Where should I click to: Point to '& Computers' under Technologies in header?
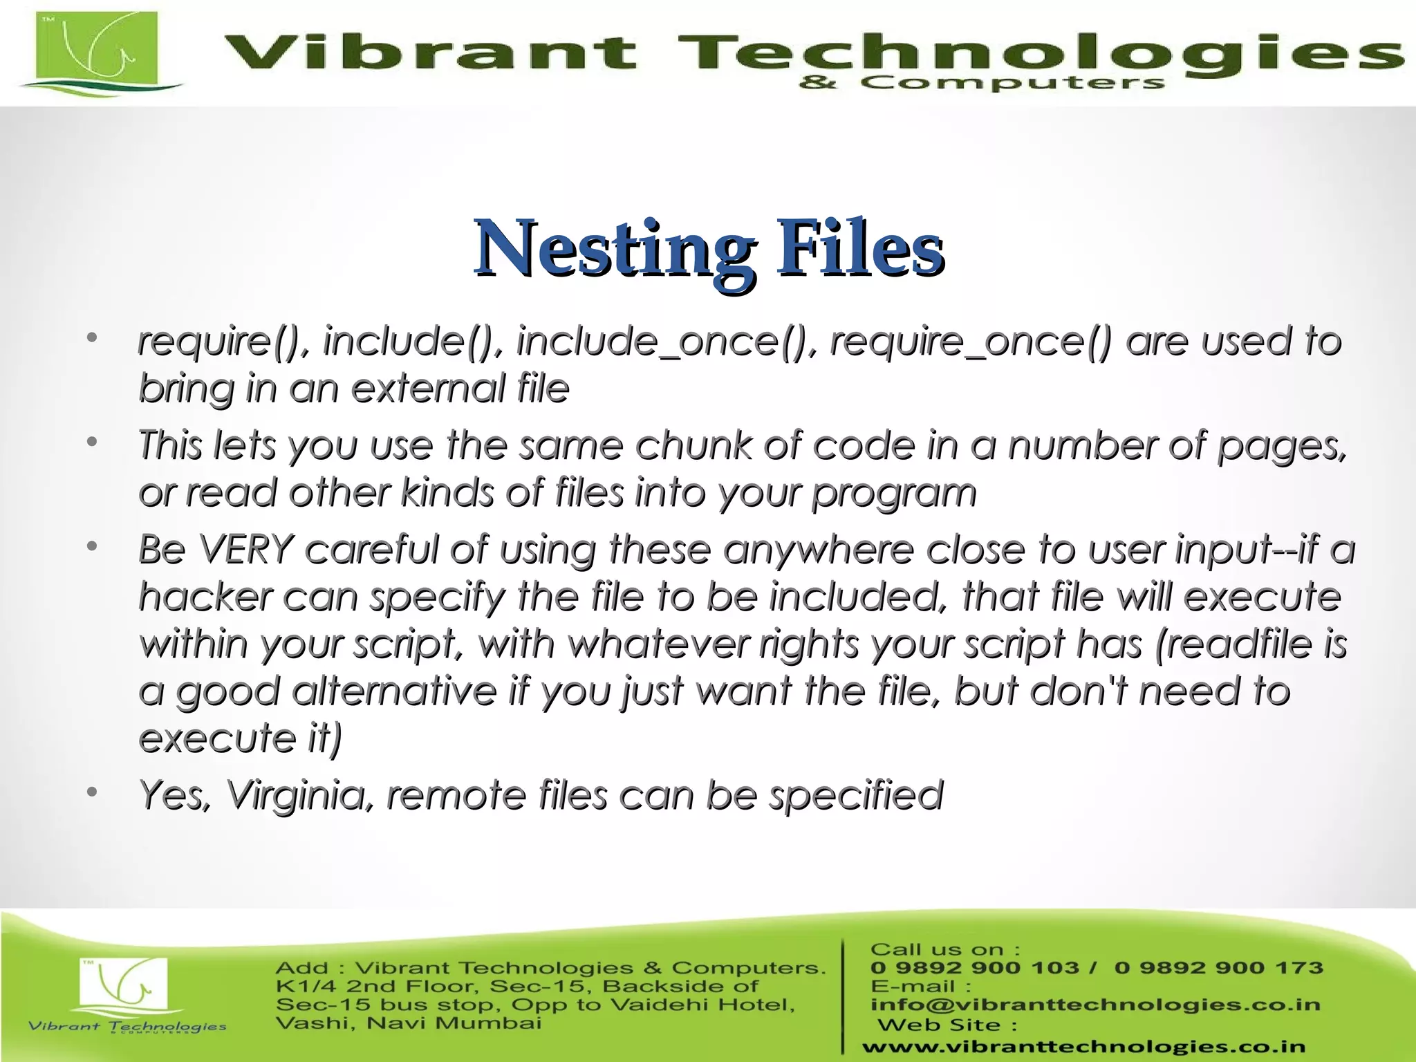coord(981,84)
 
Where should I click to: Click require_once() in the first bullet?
coord(971,342)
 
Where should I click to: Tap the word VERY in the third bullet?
coord(246,550)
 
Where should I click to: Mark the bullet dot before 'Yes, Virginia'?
coord(92,792)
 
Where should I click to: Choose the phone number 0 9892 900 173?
coord(1218,968)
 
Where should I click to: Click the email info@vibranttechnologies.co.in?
coord(1095,1005)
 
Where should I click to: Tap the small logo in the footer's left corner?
coord(124,989)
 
